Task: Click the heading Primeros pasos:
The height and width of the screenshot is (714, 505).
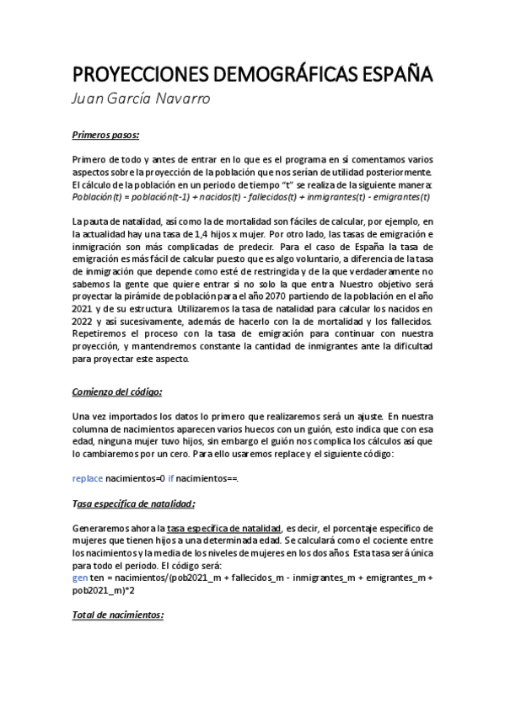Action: click(x=105, y=135)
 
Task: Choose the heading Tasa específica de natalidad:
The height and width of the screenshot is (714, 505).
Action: click(x=133, y=504)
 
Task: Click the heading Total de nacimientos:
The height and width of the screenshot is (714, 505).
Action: click(x=117, y=615)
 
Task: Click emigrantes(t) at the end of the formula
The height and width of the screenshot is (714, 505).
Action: click(x=397, y=197)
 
